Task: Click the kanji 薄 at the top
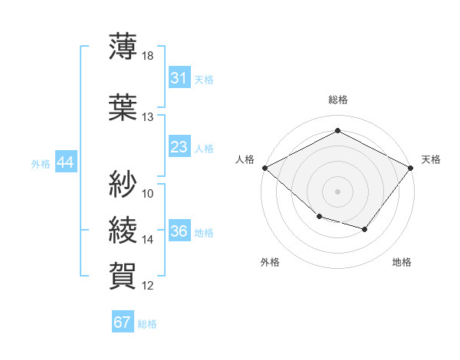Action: point(123,46)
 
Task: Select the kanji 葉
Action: point(123,107)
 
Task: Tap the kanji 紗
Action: point(123,184)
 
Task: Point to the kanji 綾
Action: point(123,230)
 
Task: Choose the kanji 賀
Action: point(123,276)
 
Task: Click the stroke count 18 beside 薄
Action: point(147,56)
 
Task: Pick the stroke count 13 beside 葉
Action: point(147,117)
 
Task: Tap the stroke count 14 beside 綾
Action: point(147,240)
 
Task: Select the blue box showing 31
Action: point(179,77)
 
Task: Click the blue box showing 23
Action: point(179,146)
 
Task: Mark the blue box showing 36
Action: point(179,230)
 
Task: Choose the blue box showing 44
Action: point(66,162)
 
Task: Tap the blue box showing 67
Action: point(123,321)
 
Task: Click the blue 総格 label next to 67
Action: point(147,324)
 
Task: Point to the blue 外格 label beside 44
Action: point(41,164)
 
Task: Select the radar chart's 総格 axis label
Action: point(338,100)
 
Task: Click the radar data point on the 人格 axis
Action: point(265,168)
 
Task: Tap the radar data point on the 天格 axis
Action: point(410,168)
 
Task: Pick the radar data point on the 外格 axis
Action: point(320,216)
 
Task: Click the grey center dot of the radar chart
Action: point(337,191)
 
